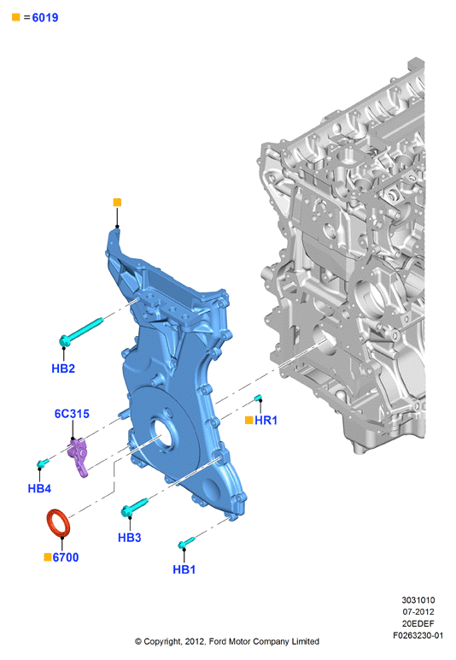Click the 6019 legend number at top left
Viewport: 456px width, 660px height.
45,18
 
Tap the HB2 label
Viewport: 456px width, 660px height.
63,368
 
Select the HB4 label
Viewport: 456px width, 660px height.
39,488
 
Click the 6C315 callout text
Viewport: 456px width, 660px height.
72,414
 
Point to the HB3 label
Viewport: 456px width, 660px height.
130,538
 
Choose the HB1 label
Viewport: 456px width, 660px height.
184,569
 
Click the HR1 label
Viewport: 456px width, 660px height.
266,420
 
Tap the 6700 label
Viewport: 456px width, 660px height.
66,557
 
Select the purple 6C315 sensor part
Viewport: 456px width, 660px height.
79,457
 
